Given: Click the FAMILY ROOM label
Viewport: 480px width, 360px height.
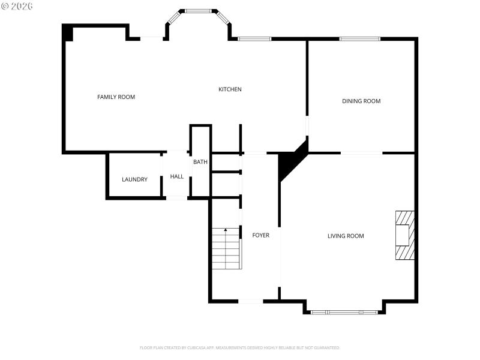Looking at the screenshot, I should click(116, 97).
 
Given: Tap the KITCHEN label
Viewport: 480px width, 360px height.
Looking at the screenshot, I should click(230, 89).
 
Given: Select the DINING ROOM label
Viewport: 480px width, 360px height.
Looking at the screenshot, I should click(361, 101).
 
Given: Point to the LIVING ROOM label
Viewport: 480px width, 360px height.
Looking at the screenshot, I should click(346, 236).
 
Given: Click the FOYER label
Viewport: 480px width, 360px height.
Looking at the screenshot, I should click(260, 235).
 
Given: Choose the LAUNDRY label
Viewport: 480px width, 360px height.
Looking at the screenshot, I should click(134, 179).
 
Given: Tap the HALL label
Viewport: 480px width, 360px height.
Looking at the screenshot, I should click(177, 176).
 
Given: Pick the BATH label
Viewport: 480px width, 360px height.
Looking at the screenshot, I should click(200, 162).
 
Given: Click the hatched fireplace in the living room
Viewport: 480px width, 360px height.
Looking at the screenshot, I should click(404, 235).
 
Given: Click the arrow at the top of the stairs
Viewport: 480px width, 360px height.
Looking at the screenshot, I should click(226, 230).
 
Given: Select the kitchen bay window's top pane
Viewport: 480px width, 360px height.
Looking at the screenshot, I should click(197, 11).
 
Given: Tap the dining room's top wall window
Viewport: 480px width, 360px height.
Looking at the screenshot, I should click(360, 39).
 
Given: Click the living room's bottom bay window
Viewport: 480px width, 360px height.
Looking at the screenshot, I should click(344, 312).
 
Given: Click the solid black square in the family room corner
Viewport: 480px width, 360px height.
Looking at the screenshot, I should click(68, 33).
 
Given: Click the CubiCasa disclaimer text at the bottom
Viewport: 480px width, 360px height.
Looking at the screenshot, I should click(240, 347).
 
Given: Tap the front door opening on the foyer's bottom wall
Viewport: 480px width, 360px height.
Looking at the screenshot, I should click(250, 301).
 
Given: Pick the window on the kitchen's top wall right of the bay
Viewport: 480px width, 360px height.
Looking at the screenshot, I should click(255, 39).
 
